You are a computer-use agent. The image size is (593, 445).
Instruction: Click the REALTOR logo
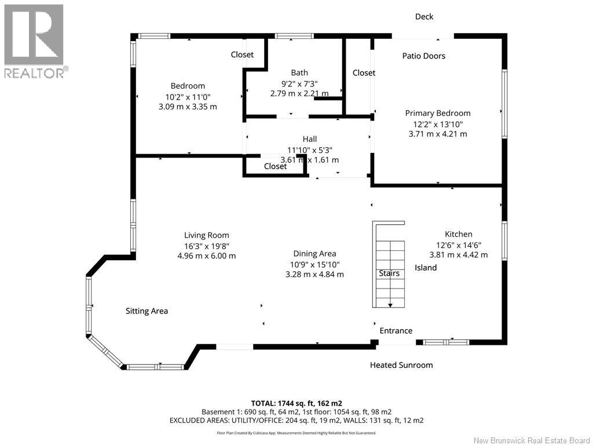click(36, 41)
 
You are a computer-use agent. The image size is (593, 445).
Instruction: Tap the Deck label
click(424, 17)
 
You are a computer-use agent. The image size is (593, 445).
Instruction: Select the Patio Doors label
click(423, 56)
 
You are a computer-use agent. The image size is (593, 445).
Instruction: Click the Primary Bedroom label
click(438, 113)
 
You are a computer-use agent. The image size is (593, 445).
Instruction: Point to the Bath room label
click(299, 72)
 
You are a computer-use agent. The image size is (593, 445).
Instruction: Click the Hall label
click(309, 139)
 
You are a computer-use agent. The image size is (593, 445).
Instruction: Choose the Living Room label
click(207, 235)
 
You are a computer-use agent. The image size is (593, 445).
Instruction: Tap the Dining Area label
click(314, 254)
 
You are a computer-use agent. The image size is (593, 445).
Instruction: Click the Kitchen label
click(459, 234)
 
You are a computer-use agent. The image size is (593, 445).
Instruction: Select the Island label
click(426, 268)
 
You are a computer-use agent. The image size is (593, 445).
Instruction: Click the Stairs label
click(389, 273)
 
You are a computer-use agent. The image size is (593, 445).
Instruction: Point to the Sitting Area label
click(147, 311)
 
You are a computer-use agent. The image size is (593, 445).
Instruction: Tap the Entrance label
click(396, 331)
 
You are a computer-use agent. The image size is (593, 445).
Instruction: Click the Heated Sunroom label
click(401, 365)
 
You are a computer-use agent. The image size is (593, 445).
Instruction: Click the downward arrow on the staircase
click(390, 305)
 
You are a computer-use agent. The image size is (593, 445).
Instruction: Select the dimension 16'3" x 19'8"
click(207, 246)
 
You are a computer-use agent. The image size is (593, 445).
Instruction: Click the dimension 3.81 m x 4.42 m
click(459, 255)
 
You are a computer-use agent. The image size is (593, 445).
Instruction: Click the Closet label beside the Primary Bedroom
click(364, 72)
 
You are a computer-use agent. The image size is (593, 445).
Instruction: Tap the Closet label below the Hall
click(275, 166)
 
